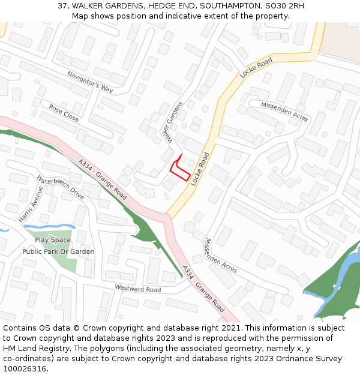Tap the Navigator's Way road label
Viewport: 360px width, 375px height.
tap(90, 82)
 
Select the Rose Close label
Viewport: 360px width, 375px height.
tap(64, 113)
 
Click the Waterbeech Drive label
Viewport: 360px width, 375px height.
tap(61, 187)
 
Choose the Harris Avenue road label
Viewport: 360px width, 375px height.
tap(31, 204)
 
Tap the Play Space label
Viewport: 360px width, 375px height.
tap(53, 240)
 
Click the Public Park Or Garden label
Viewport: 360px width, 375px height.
tap(58, 251)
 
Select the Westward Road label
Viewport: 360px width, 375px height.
tap(138, 290)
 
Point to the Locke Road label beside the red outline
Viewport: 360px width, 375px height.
tap(200, 169)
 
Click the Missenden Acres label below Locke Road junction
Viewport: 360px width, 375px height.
tap(220, 256)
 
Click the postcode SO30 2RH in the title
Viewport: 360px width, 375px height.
tap(284, 6)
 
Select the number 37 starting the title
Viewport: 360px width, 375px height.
tap(62, 6)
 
